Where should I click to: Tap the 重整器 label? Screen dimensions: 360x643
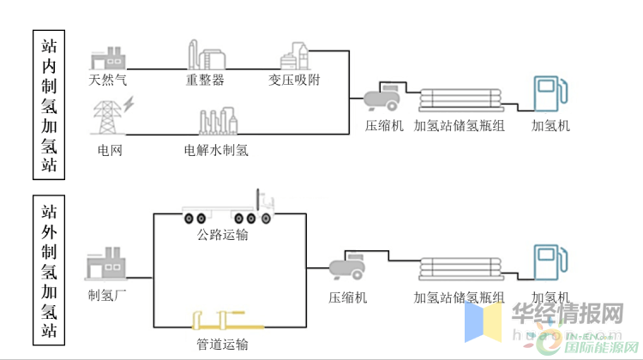pos(205,81)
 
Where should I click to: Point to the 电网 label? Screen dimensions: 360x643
pos(110,151)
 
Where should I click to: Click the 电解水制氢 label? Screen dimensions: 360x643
pos(216,151)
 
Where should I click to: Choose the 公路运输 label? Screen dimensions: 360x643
pos(223,234)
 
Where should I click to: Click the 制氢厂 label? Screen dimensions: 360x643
pos(106,297)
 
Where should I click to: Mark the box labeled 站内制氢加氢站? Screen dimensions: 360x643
pos(50,105)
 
